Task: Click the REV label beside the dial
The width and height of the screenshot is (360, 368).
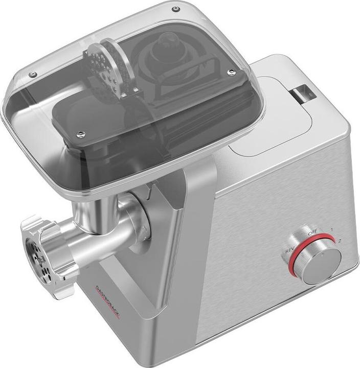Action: (x=289, y=250)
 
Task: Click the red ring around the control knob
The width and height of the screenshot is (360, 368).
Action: (x=294, y=266)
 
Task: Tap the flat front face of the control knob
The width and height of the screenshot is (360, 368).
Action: (x=321, y=264)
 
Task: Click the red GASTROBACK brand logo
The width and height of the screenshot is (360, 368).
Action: (x=107, y=301)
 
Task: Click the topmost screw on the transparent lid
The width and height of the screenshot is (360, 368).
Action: (x=175, y=9)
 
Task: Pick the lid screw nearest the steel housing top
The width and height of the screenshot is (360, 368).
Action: (x=231, y=72)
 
